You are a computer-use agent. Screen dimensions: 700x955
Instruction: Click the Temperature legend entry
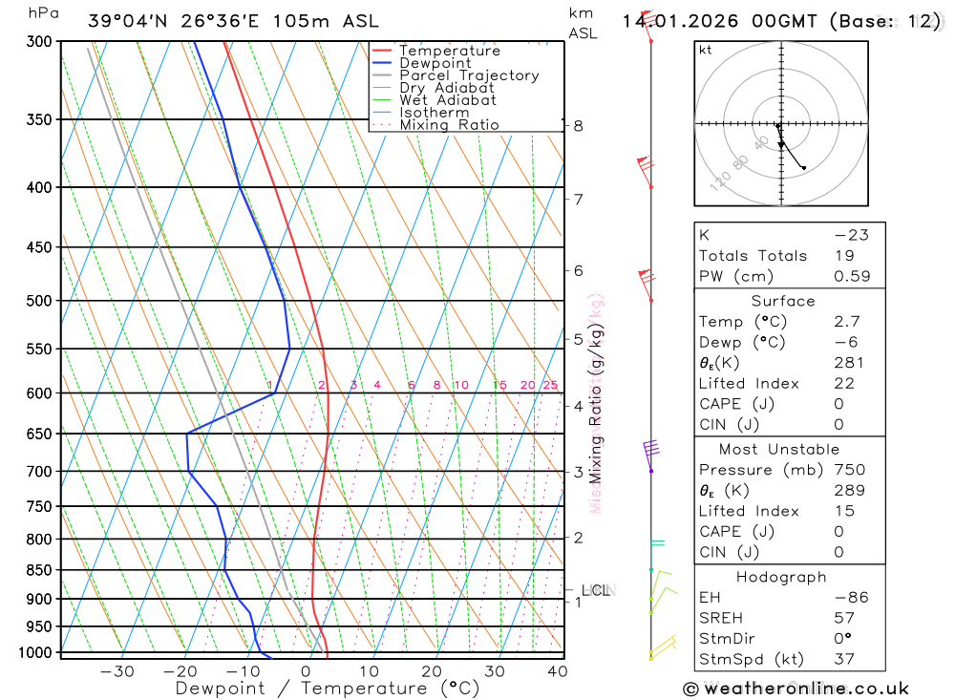coord(449,51)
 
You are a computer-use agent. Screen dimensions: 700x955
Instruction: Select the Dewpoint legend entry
coord(435,63)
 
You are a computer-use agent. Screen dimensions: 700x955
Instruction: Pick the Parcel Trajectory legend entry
coord(469,75)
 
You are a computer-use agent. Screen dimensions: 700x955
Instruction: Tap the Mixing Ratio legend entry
coord(449,125)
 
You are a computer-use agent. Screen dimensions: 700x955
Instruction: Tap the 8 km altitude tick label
coord(578,125)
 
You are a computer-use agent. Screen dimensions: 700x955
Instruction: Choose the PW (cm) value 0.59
coord(852,276)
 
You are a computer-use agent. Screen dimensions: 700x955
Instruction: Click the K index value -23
coord(850,235)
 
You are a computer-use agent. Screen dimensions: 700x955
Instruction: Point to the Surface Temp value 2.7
coord(846,322)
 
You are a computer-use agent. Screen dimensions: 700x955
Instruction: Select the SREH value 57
coord(843,618)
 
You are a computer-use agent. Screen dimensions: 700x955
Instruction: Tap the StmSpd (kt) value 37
coord(843,659)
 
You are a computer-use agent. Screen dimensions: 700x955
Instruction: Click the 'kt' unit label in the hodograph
coord(705,50)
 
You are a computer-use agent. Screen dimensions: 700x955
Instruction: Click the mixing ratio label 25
coord(550,386)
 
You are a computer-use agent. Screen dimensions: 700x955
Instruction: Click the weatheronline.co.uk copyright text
coord(796,689)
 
